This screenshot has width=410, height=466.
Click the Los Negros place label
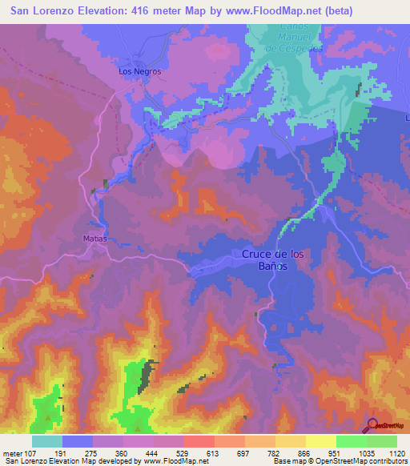point(139,71)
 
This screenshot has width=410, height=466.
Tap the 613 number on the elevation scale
point(214,452)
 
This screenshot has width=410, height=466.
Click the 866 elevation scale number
point(305,452)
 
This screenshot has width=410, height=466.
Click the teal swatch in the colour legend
point(47,441)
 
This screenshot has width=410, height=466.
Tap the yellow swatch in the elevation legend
point(320,441)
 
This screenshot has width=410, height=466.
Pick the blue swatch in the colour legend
point(78,441)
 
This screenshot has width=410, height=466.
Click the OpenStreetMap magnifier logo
point(373,425)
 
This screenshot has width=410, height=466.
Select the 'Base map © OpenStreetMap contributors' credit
point(339,461)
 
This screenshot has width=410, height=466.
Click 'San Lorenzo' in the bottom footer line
point(22,461)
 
